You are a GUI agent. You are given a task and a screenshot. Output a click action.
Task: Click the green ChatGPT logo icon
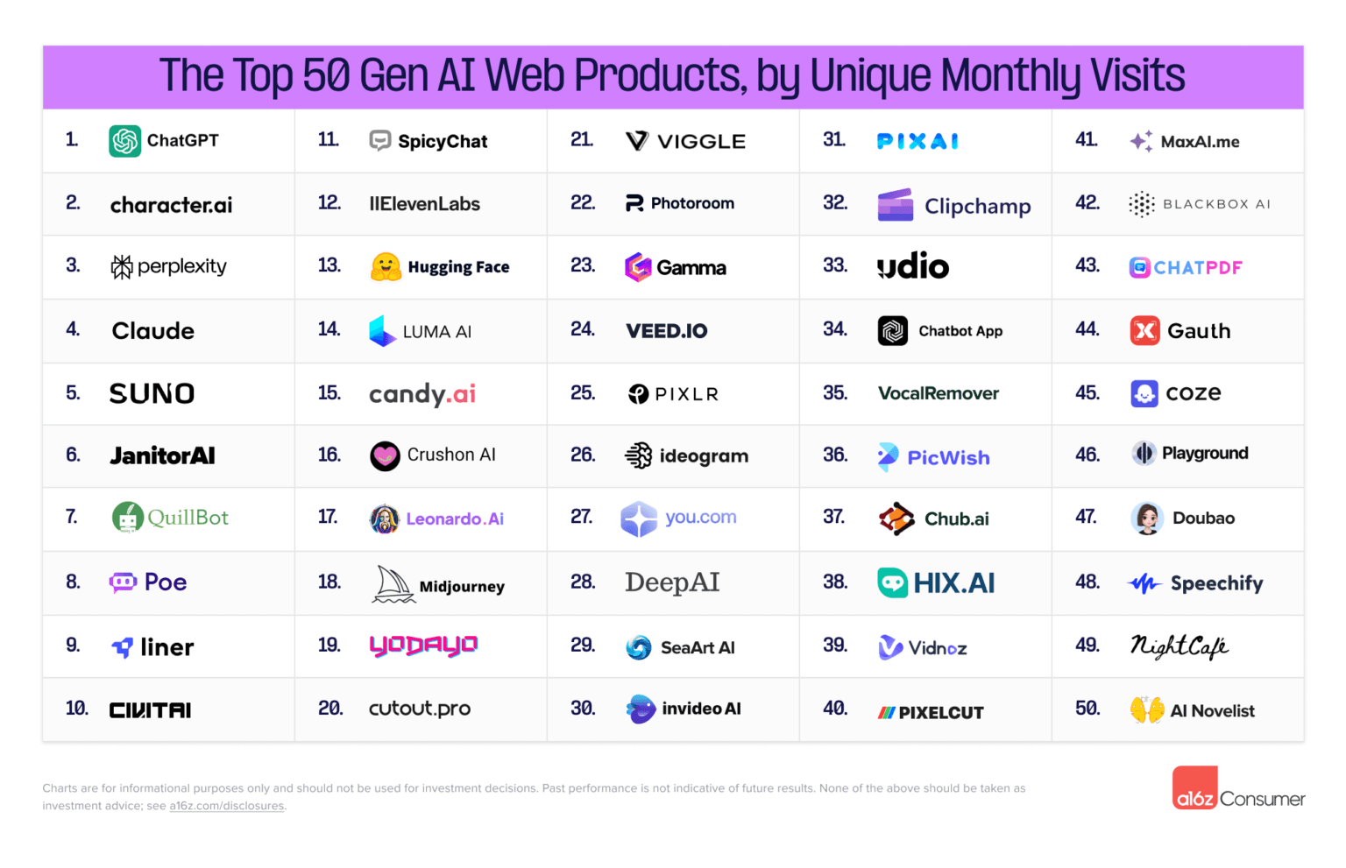pyautogui.click(x=124, y=141)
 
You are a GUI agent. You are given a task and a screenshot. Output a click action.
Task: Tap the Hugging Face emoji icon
pyautogui.click(x=386, y=267)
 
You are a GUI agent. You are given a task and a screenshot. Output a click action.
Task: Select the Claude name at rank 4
pyautogui.click(x=153, y=331)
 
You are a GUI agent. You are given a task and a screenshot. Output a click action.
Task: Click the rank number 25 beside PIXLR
pyautogui.click(x=583, y=393)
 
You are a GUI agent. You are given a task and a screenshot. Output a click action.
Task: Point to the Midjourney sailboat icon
pyautogui.click(x=393, y=584)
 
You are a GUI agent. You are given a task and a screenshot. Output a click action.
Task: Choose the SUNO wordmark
pyautogui.click(x=152, y=393)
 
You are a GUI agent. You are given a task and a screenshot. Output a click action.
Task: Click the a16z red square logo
pyautogui.click(x=1194, y=788)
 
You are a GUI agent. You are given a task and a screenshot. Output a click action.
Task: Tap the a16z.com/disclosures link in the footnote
pyautogui.click(x=227, y=806)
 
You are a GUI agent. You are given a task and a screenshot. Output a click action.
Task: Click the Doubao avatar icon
pyautogui.click(x=1146, y=519)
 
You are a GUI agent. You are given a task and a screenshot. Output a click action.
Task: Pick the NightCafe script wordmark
pyautogui.click(x=1180, y=646)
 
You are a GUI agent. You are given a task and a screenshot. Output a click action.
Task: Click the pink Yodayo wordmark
pyautogui.click(x=423, y=646)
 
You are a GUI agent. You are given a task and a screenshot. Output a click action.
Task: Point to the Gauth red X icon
pyautogui.click(x=1144, y=331)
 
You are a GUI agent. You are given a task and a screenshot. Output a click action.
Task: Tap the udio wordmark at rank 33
pyautogui.click(x=913, y=266)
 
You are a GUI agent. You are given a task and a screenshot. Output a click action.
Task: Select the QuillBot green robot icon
pyautogui.click(x=128, y=518)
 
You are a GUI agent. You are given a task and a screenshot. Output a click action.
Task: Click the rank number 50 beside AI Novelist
pyautogui.click(x=1087, y=708)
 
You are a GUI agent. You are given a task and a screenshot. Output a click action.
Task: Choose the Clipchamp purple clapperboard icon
pyautogui.click(x=896, y=205)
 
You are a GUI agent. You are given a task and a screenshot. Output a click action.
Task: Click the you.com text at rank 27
pyautogui.click(x=701, y=518)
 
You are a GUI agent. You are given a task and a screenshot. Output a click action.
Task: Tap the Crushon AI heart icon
pyautogui.click(x=385, y=456)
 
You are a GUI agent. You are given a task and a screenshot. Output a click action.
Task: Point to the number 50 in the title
pyautogui.click(x=326, y=76)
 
